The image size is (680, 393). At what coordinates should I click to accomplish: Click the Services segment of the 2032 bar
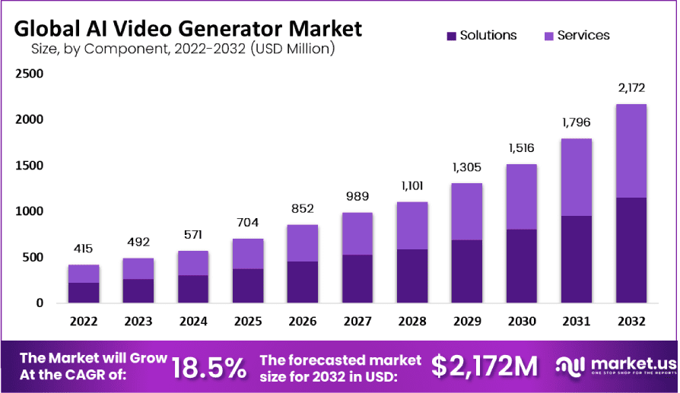631,151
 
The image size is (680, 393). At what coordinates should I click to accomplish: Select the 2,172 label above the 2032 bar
631,90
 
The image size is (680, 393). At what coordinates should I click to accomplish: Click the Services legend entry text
583,36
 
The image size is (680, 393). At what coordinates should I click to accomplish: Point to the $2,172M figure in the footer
485,367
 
